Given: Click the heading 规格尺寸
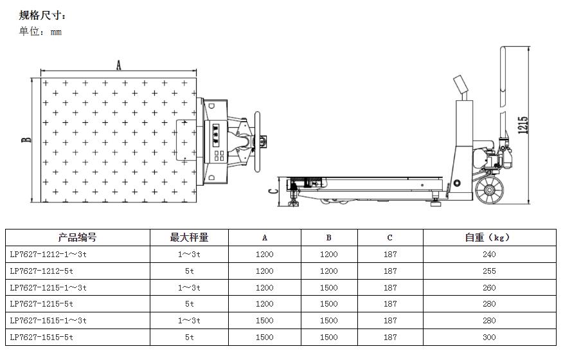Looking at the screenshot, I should [42, 15].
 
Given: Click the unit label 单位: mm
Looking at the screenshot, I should [40, 32].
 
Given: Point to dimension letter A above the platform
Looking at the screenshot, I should [118, 65].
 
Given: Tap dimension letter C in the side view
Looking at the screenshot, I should [273, 191].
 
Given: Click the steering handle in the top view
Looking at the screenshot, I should [258, 141].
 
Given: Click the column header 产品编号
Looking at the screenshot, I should [77, 237].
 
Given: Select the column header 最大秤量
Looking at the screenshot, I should [189, 237].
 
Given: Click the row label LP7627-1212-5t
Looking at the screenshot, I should [42, 271].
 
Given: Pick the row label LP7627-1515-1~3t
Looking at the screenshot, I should [48, 320].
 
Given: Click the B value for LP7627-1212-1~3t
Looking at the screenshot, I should [328, 254].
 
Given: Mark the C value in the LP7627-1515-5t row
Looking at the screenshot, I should [390, 337].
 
